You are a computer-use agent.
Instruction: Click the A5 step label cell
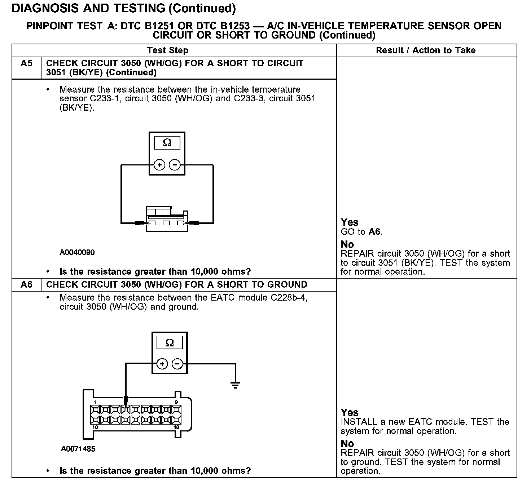[27, 64]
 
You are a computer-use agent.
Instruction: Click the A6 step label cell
[27, 285]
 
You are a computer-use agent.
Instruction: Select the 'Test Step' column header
[167, 50]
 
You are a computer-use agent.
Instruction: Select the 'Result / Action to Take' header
[426, 50]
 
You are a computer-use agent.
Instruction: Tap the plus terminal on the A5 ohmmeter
[159, 165]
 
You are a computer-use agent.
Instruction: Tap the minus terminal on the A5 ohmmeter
[175, 165]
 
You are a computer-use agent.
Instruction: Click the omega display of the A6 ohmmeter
[170, 343]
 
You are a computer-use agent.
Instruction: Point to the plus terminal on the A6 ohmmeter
[162, 364]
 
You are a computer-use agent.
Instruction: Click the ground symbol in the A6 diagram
[236, 385]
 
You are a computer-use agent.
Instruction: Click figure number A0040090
[77, 252]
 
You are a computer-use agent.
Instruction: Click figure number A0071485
[78, 449]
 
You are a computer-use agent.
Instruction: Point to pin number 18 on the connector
[176, 427]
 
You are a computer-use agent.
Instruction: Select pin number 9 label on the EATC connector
[176, 402]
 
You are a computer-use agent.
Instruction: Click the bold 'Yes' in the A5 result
[350, 222]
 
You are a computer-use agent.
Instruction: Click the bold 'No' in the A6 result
[347, 443]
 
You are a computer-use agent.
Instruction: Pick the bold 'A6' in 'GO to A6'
[374, 232]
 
